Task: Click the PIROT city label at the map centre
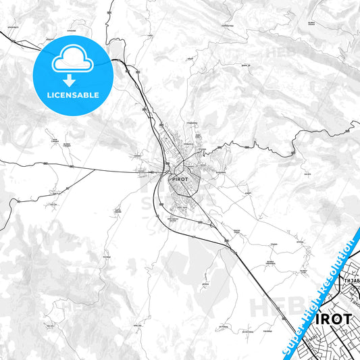tap(181, 180)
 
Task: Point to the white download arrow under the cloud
tap(71, 79)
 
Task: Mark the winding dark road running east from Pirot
tap(257, 143)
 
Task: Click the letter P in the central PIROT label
tap(175, 180)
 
